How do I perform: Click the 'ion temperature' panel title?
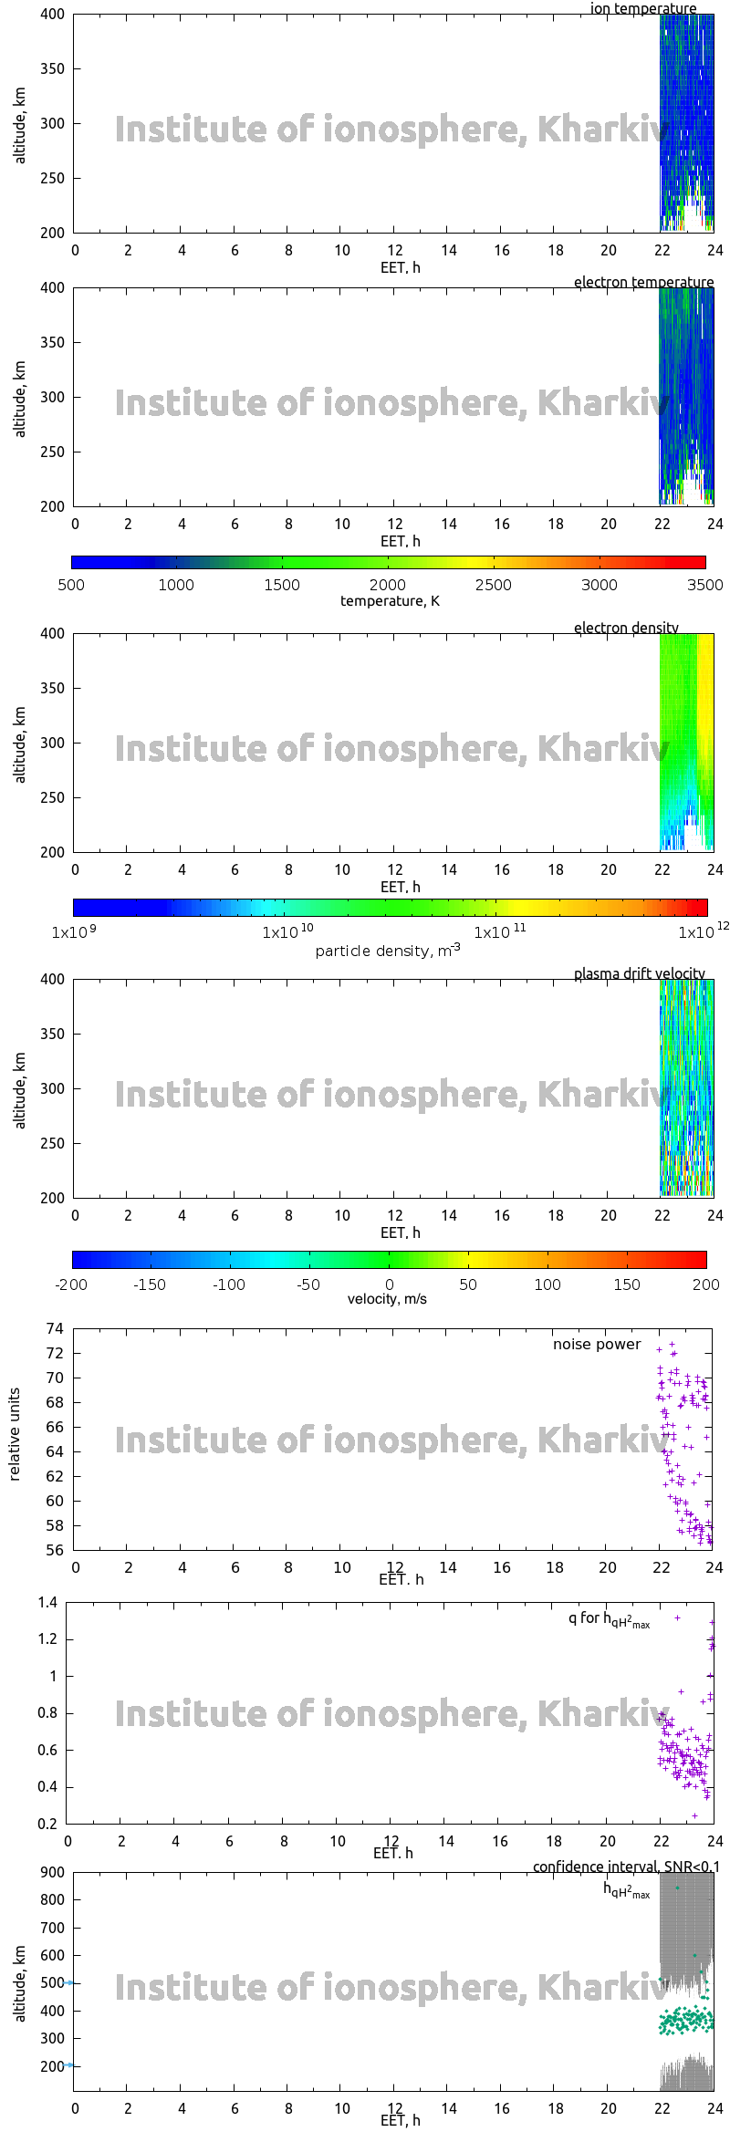(x=642, y=9)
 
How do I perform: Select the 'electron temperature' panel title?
(x=643, y=283)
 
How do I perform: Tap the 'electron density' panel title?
(x=626, y=629)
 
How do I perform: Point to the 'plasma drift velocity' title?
(x=639, y=974)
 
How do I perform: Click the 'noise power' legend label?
(x=597, y=1345)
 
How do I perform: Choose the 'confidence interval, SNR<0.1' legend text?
(x=626, y=1867)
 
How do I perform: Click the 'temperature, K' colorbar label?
(x=390, y=601)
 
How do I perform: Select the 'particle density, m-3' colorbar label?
(x=388, y=951)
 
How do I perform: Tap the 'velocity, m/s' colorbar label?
(x=387, y=1299)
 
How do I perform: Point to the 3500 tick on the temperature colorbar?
(x=704, y=585)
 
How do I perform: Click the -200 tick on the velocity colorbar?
(x=72, y=1284)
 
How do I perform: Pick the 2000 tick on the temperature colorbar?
(x=388, y=585)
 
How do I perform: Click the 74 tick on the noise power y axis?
(x=55, y=1328)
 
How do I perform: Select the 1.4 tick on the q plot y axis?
(x=48, y=1603)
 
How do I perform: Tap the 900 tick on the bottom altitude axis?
(x=53, y=1873)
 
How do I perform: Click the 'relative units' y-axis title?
(x=15, y=1435)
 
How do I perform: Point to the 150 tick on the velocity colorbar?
(x=627, y=1284)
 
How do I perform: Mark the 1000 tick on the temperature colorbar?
(x=176, y=585)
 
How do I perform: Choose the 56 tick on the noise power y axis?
(x=55, y=1550)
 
